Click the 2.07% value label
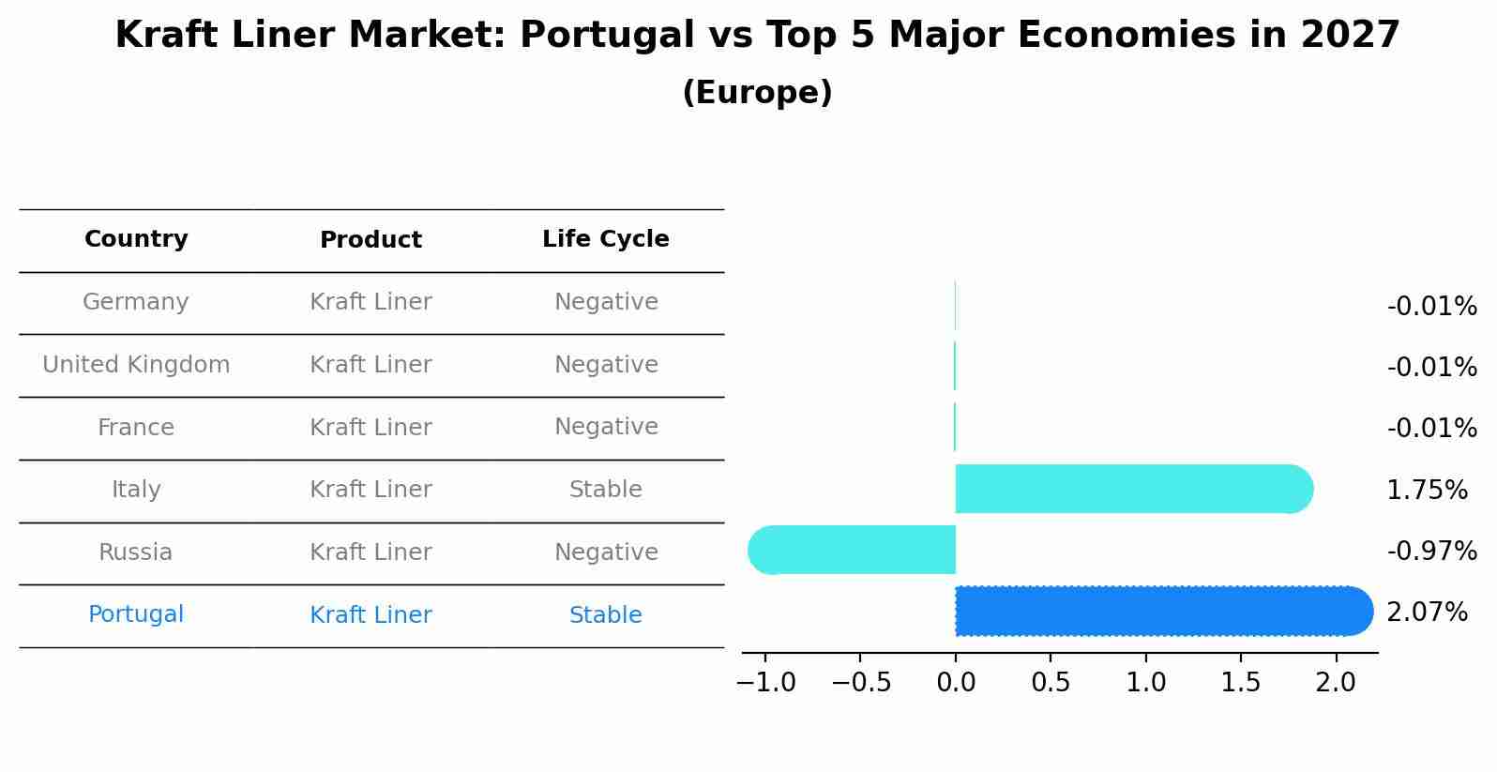point(1426,613)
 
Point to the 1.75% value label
point(1426,490)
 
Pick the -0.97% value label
point(1431,551)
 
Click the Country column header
point(136,239)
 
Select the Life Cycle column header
point(605,239)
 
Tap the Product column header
point(370,240)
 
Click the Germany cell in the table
point(136,302)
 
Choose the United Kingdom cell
point(136,365)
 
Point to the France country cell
point(136,428)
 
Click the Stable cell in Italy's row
point(605,490)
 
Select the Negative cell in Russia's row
point(605,553)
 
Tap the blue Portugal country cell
point(136,614)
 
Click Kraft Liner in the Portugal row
point(370,615)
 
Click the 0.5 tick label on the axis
point(1051,682)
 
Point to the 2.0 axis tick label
point(1336,682)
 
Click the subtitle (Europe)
point(757,93)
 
